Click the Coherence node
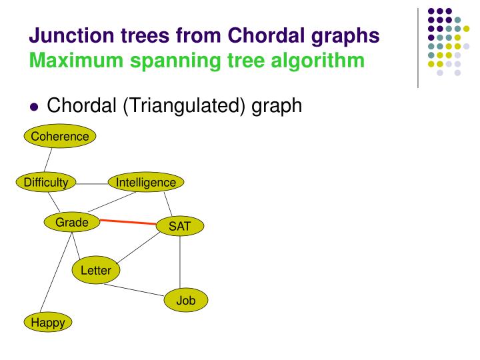[x=60, y=137]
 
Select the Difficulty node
[x=46, y=182]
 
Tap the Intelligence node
[x=146, y=182]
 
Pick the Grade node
[x=72, y=223]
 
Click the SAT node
[x=179, y=227]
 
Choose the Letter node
[x=96, y=270]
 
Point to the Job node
[x=186, y=301]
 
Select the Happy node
[x=49, y=323]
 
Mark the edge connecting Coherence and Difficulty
[x=48, y=159]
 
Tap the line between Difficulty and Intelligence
[x=92, y=182]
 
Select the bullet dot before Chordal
[x=35, y=106]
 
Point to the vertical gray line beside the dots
[x=418, y=47]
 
